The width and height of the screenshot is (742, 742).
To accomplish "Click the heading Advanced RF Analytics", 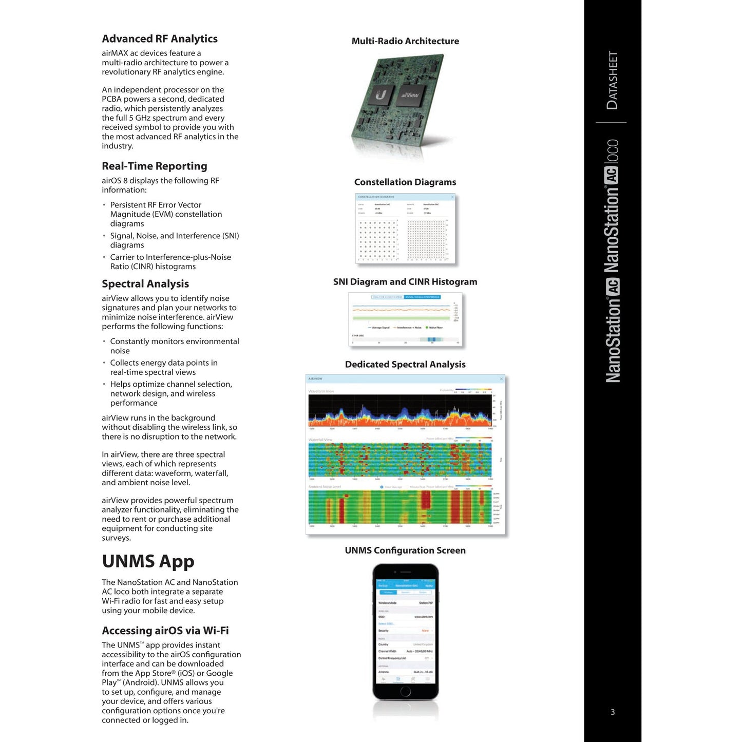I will click(160, 39).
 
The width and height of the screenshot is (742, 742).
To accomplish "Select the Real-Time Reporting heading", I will click(155, 166).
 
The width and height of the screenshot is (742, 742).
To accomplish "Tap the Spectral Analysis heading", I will click(145, 284).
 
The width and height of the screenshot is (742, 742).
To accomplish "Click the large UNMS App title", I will click(148, 561).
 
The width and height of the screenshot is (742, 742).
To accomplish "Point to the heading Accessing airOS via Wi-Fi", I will click(165, 631).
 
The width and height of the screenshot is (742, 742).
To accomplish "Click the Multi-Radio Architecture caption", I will click(405, 41).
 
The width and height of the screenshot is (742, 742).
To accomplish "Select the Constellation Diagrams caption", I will click(405, 182).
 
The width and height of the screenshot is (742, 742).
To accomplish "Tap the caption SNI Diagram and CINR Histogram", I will click(405, 282).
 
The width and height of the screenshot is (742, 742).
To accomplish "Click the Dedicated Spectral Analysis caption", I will click(405, 365).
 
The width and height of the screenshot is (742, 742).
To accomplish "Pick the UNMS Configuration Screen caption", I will click(405, 550).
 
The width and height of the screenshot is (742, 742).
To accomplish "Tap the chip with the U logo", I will click(380, 95).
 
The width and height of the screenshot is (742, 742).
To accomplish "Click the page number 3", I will click(613, 712).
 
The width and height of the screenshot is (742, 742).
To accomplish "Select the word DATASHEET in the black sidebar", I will click(612, 80).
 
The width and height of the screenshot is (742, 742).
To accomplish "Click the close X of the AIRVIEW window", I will click(502, 379).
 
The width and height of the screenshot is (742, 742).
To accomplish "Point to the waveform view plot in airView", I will click(400, 411).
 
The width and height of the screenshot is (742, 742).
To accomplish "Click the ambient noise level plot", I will click(400, 507).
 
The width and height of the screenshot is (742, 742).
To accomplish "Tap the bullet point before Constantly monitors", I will click(104, 341).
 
